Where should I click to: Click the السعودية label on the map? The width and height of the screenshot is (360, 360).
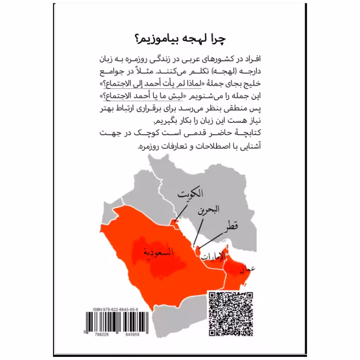point(158,251)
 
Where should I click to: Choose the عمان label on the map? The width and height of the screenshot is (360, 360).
point(246,268)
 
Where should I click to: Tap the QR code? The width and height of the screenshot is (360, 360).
point(230,314)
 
